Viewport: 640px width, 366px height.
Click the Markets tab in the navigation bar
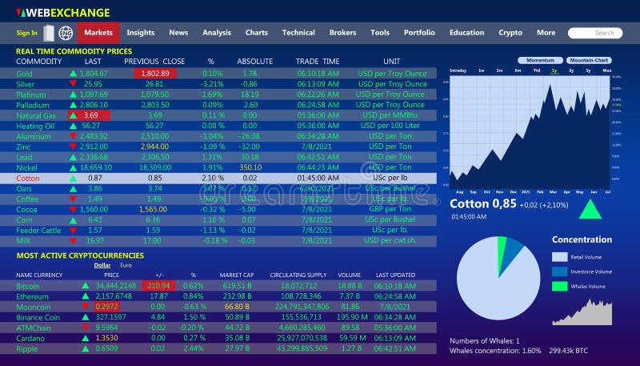98,33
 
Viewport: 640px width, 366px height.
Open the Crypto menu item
510,33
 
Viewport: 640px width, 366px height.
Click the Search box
594,33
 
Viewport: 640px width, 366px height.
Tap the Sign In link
26,33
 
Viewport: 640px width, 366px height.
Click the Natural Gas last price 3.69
90,115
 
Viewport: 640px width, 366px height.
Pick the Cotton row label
27,178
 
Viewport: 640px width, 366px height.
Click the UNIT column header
391,62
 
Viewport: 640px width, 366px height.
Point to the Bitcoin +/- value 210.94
158,285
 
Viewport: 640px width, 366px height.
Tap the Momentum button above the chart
540,61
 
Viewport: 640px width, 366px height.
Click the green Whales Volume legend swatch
558,286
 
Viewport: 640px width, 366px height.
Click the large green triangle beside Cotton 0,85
590,209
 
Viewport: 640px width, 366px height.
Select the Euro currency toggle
126,265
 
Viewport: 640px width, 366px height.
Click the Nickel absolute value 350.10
250,167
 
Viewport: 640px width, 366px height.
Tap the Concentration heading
582,239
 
